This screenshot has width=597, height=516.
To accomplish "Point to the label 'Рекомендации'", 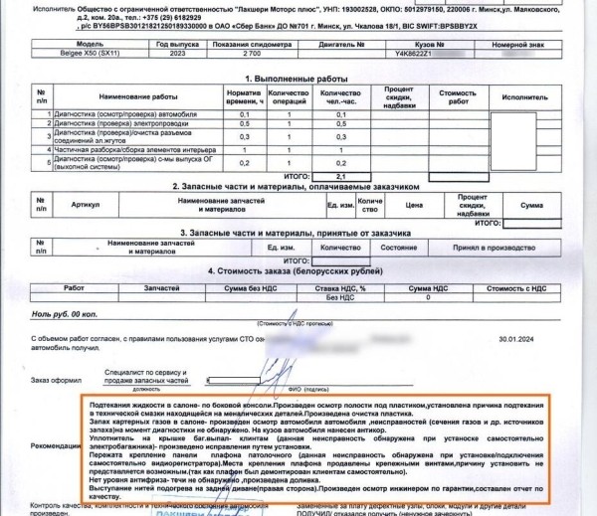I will [x=56, y=443].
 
